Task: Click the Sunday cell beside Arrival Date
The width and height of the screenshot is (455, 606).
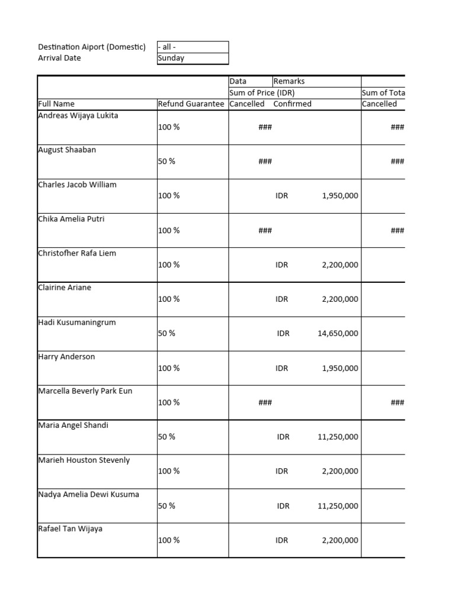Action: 171,58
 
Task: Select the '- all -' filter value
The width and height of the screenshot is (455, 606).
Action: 167,47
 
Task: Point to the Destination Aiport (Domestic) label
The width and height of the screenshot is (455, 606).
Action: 91,47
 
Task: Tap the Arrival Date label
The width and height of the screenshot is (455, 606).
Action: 59,58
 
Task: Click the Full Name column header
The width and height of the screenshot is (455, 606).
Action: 56,104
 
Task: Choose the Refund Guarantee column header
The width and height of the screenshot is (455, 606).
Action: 191,104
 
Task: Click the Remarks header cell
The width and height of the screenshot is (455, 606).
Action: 289,81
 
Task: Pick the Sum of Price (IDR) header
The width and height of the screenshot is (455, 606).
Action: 262,92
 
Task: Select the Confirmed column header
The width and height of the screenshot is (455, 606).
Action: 292,104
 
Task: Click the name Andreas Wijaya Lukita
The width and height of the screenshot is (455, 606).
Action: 78,115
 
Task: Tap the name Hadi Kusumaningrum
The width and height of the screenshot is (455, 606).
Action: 77,323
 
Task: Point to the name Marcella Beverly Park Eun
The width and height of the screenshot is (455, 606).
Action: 85,391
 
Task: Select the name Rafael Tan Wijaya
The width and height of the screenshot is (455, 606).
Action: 70,528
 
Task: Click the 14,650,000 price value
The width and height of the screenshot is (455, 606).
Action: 338,333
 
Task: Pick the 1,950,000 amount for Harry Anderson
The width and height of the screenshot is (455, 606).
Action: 340,368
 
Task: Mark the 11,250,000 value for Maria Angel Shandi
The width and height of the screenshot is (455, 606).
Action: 338,437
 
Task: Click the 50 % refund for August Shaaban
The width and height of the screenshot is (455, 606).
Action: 166,161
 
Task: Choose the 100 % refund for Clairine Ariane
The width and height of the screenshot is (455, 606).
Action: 169,299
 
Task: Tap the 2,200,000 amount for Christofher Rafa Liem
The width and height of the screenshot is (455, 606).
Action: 340,265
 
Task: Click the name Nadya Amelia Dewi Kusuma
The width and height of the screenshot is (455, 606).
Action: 88,494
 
